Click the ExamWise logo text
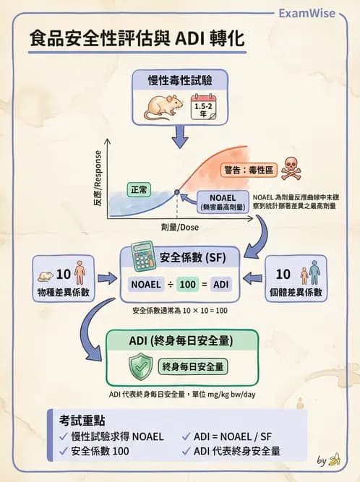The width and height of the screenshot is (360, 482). click(316, 13)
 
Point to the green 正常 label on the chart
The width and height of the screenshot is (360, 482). click(140, 189)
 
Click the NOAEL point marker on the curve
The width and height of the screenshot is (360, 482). click(177, 192)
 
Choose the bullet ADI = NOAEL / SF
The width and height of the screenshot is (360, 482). click(236, 436)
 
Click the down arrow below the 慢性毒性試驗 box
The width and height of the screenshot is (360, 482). click(180, 134)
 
